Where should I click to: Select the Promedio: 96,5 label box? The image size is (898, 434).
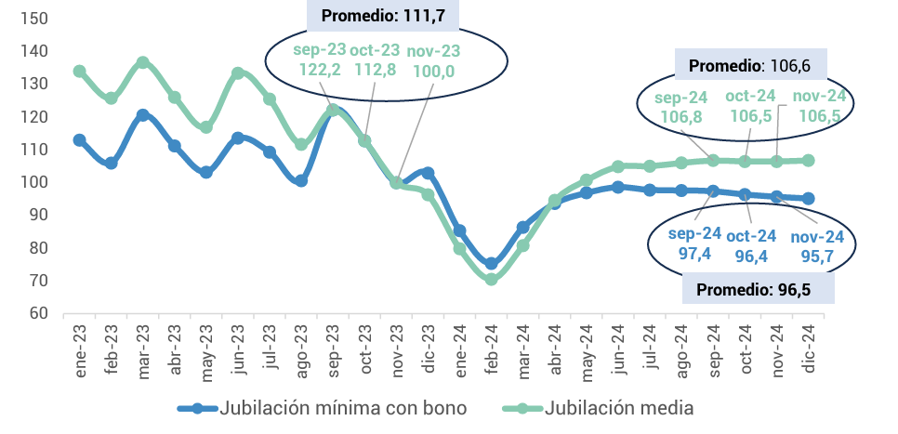758,290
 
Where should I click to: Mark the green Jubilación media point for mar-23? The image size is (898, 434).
142,62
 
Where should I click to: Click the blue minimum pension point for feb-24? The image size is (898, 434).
491,264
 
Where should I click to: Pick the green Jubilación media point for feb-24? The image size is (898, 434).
491,279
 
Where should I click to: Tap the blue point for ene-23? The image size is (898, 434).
80,140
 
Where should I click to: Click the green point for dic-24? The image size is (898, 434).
808,160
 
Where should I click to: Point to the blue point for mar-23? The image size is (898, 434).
142,115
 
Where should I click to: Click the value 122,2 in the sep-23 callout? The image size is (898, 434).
319,69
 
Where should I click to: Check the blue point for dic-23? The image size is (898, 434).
428,173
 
